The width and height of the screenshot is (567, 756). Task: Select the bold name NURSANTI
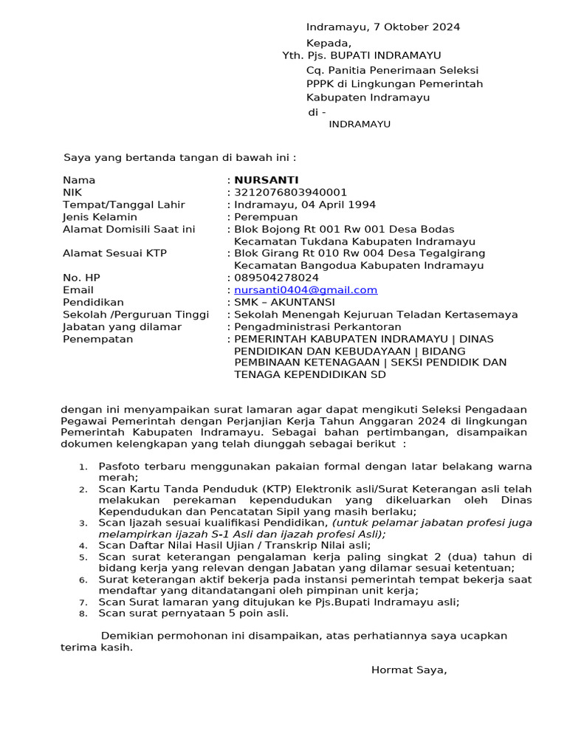267,180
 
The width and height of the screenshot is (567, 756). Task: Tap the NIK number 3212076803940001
290,193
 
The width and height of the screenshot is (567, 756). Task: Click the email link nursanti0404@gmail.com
306,290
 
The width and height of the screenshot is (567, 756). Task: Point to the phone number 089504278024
277,278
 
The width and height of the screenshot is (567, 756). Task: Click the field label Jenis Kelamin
100,217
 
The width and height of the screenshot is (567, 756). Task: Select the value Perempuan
266,217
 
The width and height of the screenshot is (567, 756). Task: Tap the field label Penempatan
97,339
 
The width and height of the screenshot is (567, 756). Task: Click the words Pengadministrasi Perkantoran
317,326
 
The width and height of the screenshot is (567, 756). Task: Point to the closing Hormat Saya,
409,670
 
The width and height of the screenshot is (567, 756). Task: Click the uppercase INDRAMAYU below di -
360,124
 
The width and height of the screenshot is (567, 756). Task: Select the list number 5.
83,557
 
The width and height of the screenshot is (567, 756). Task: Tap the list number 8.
83,614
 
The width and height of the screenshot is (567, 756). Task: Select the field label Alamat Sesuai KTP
114,253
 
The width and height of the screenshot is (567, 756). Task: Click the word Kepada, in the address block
329,44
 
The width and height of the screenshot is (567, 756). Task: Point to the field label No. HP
81,278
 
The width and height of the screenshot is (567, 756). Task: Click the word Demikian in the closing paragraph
126,636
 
